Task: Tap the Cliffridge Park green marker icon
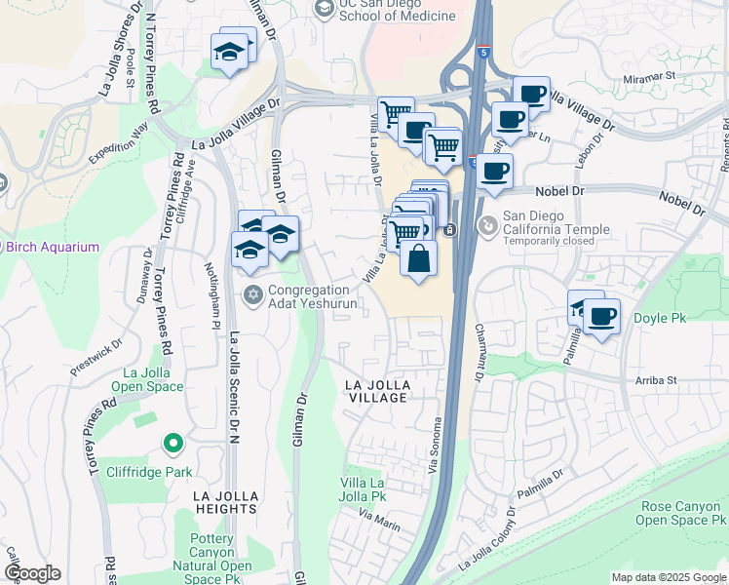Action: pos(173,445)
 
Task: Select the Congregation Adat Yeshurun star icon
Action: pos(253,293)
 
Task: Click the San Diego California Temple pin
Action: pos(487,225)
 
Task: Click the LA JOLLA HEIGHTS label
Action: pos(211,502)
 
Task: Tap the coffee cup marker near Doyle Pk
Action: pos(602,316)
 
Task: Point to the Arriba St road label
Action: pos(656,380)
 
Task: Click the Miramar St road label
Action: pos(649,74)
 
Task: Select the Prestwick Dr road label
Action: pos(96,358)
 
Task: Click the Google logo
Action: pos(31,573)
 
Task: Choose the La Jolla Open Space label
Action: pos(154,379)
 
